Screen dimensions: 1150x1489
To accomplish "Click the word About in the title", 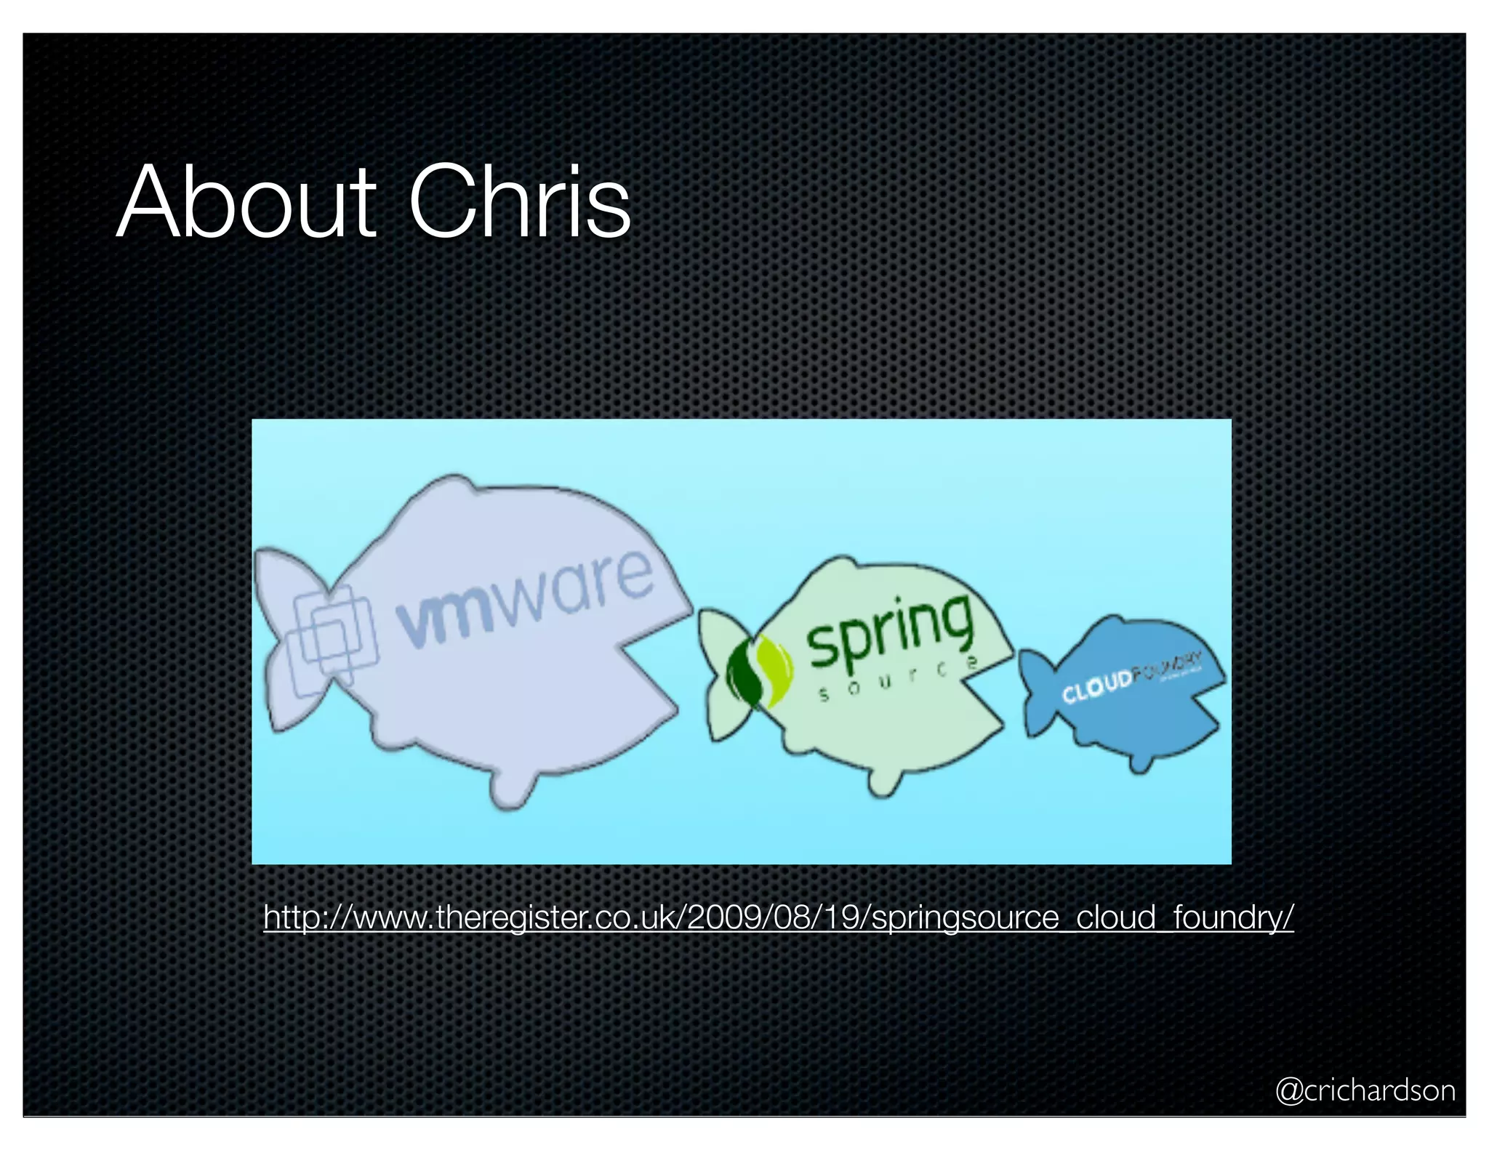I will pos(246,203).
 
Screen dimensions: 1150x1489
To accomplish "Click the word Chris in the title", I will pos(519,203).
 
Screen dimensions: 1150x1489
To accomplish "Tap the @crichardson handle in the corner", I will pos(1365,1090).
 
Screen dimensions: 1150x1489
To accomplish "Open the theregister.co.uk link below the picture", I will pos(778,917).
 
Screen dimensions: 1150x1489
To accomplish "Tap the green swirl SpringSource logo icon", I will pos(760,670).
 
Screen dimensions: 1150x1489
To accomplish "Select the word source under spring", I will pos(898,679).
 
